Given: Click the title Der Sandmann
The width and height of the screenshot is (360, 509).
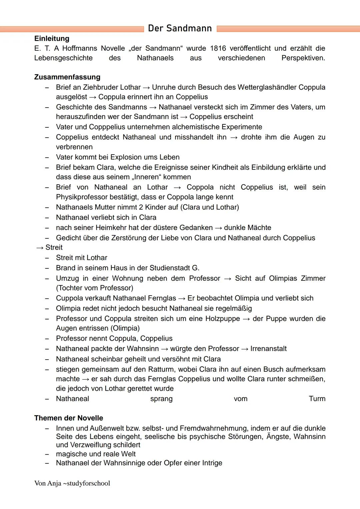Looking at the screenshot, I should pos(180,28).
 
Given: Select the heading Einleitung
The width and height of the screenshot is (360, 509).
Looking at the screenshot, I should pos(52,39).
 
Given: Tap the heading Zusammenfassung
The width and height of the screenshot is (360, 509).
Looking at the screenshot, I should pos(67,77).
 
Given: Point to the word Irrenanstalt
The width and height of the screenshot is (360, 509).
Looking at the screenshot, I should pos(268,349).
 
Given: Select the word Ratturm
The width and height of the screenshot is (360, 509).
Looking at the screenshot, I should pos(161,369).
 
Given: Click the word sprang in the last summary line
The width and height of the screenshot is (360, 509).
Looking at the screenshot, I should pos(161,399).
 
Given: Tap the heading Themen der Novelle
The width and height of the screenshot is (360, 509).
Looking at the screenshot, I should pos(69,418).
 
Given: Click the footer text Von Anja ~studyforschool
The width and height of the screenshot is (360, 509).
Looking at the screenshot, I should pos(72,483).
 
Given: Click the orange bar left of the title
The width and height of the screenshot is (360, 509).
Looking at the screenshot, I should pos(72,29).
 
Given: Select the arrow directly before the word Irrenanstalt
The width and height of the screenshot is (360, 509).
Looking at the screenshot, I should pos(245,349).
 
